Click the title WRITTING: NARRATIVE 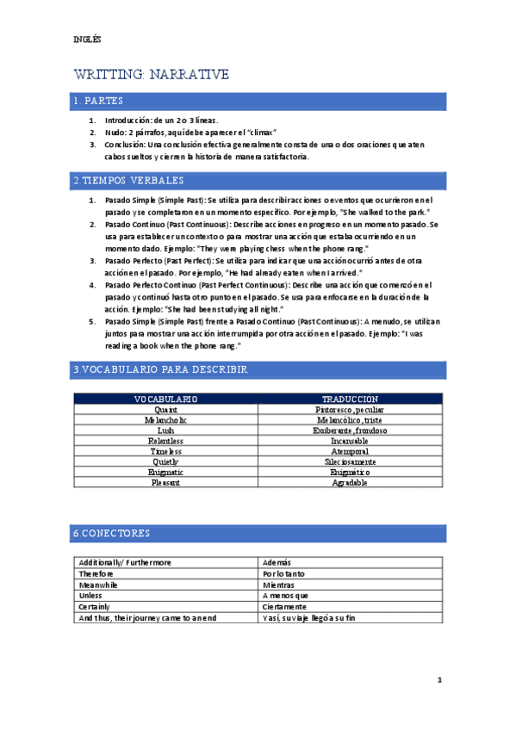click(151, 75)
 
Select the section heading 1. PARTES click(98, 102)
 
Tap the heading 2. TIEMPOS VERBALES click(127, 181)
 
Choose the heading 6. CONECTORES click(111, 534)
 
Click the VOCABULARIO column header click(166, 399)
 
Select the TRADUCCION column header click(350, 399)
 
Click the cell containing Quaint click(166, 410)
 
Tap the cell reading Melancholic click(166, 420)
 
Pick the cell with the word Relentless click(166, 441)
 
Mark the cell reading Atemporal click(350, 451)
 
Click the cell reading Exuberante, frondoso click(350, 430)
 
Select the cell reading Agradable click(350, 482)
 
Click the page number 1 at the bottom click(439, 680)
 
